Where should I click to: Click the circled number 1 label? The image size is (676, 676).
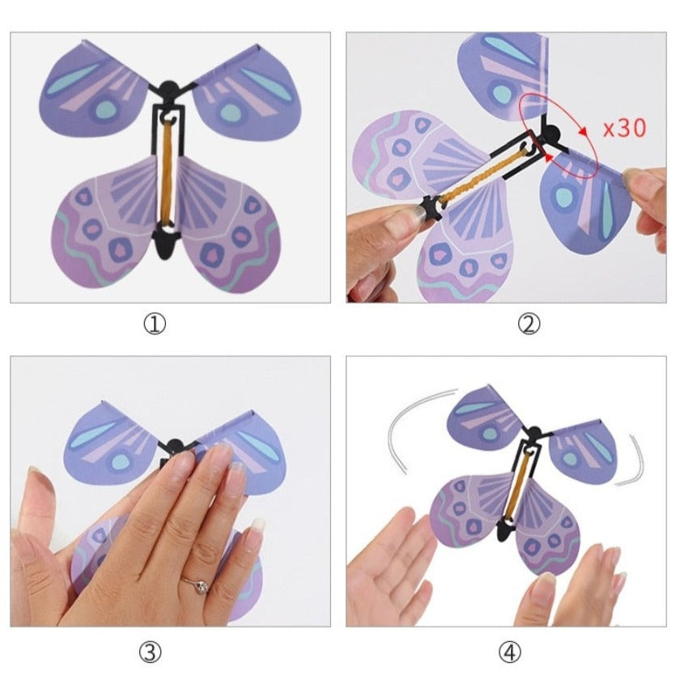(x=155, y=324)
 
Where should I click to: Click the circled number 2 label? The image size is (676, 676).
(x=528, y=324)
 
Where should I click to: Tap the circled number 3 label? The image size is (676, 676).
(x=150, y=653)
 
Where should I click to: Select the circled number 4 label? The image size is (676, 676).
(x=509, y=653)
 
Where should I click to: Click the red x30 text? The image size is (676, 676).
(x=625, y=128)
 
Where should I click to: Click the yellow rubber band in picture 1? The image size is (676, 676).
(x=168, y=172)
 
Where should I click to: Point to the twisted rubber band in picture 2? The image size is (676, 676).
(x=482, y=176)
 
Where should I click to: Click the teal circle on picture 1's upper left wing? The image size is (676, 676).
(x=106, y=109)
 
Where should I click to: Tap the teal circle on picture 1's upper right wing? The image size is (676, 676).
(x=231, y=113)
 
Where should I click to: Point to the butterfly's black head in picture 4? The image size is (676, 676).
(x=534, y=432)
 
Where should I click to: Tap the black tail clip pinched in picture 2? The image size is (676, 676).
(x=432, y=207)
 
